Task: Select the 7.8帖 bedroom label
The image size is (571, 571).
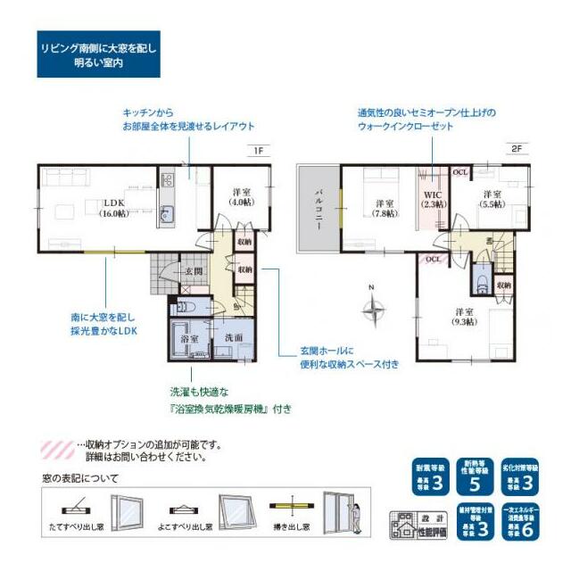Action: click(386, 208)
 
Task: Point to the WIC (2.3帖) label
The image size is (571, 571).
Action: click(433, 200)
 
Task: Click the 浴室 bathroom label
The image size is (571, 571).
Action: click(190, 339)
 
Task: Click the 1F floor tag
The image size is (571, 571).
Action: click(257, 150)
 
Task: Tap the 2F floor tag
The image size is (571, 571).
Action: click(517, 150)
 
